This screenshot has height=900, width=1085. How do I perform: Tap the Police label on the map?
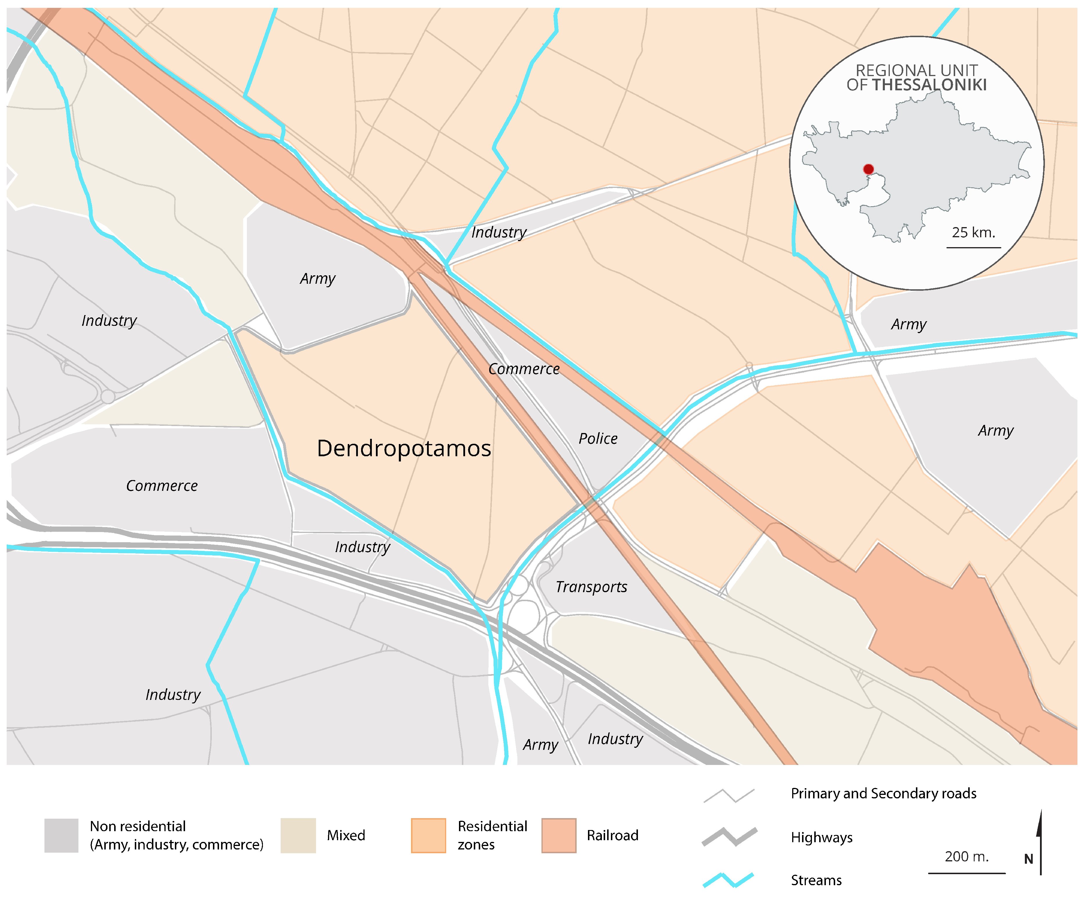(x=598, y=439)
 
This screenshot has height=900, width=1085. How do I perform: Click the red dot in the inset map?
(x=869, y=169)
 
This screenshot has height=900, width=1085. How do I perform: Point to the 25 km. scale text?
(x=973, y=233)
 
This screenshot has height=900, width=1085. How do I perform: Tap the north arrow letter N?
(x=1029, y=859)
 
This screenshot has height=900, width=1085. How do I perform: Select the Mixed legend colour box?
(x=298, y=836)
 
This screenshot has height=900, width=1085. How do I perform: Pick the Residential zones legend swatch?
(x=428, y=836)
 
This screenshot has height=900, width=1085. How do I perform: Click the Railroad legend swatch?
(x=559, y=836)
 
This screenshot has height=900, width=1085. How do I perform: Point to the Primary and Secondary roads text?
(x=883, y=794)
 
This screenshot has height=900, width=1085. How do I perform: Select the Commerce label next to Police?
(x=523, y=369)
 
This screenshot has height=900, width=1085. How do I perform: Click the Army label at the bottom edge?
(x=540, y=745)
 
